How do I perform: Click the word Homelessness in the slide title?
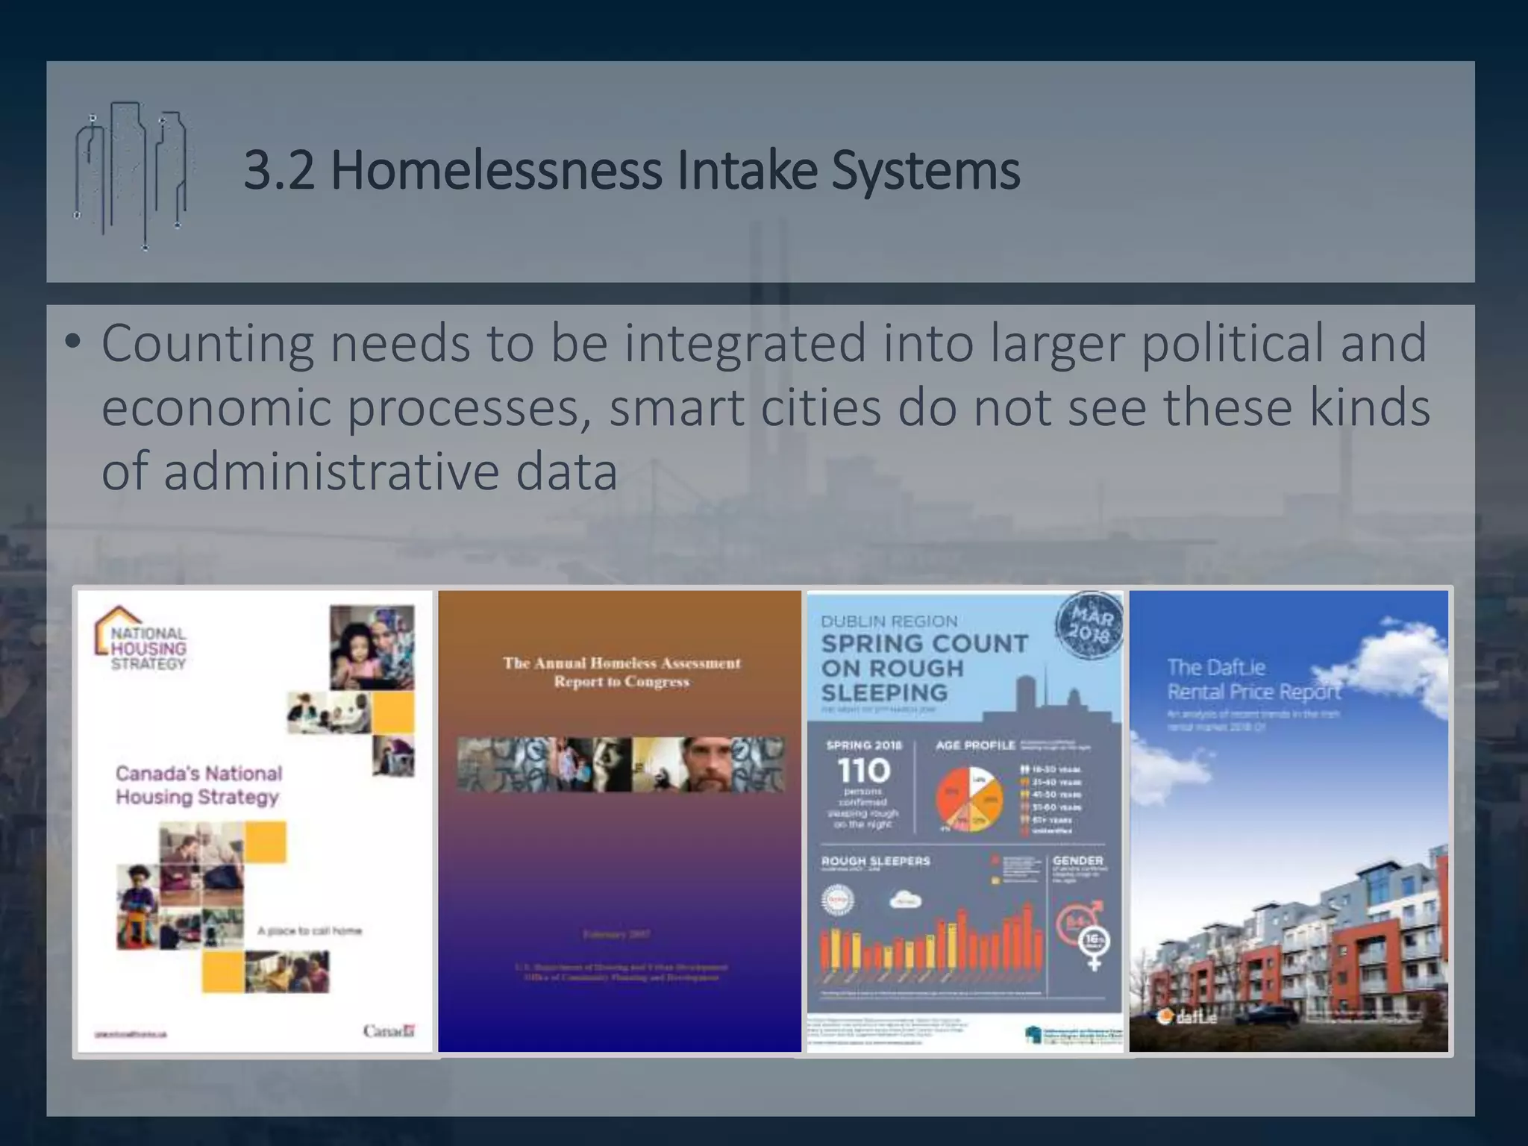click(496, 171)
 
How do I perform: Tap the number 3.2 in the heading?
click(278, 171)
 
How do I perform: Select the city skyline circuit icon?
click(133, 175)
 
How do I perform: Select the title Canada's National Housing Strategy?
click(198, 785)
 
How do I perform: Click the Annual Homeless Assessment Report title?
click(621, 671)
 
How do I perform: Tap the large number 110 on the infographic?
click(864, 770)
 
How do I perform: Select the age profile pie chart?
click(969, 799)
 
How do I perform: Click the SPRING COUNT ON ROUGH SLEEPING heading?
click(924, 668)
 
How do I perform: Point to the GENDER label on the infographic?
click(1077, 860)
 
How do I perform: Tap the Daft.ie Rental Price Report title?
click(1253, 679)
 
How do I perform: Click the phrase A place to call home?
click(309, 930)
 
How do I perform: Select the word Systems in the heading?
click(925, 171)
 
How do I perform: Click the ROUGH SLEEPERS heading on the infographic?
click(875, 861)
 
